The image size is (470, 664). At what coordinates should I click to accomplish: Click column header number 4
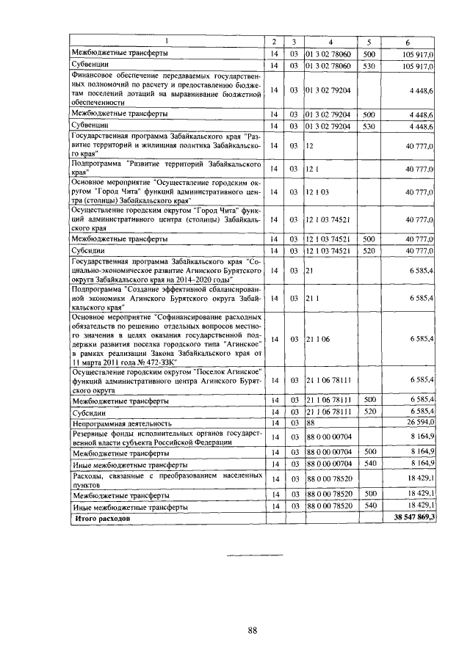330,40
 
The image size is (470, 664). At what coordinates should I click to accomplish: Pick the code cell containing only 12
311,146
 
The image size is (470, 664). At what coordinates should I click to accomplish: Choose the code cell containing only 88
311,423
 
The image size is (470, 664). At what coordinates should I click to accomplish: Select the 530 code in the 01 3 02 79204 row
369,126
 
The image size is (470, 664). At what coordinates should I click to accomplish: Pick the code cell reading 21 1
314,299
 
